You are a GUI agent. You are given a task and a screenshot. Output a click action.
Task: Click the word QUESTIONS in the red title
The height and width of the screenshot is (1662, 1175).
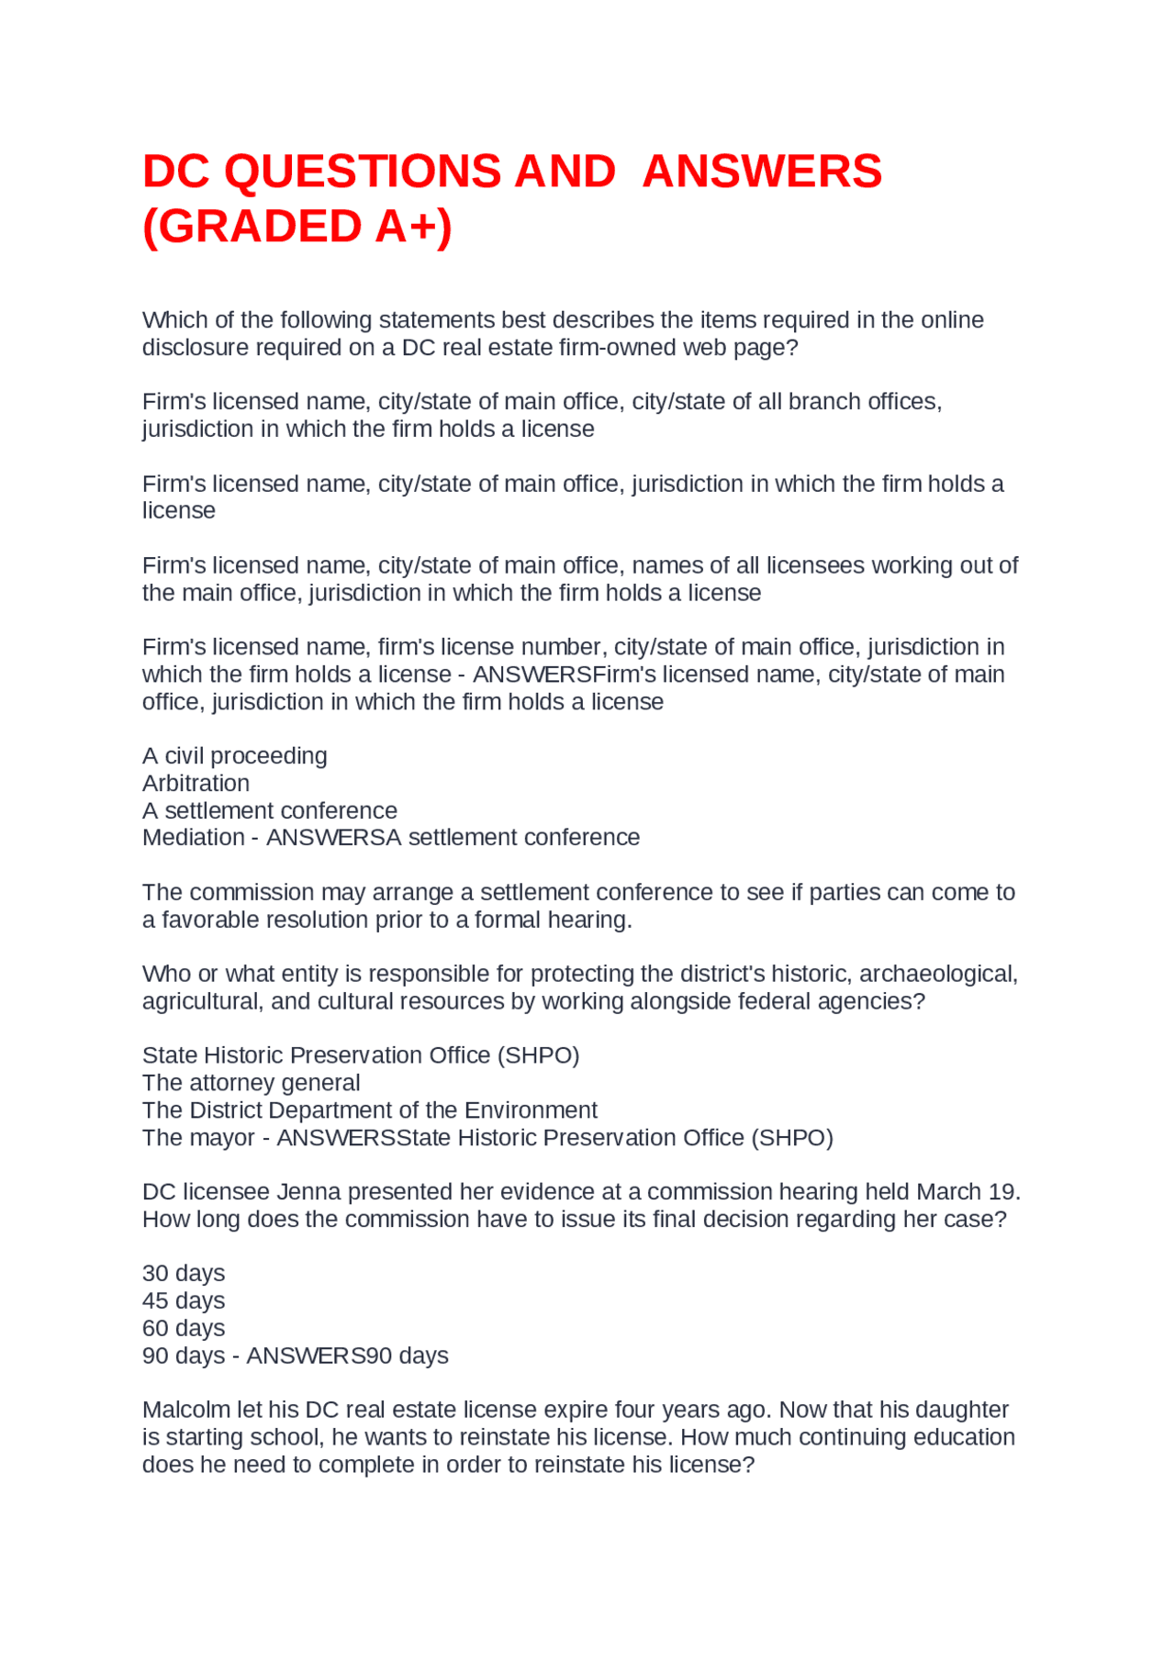(363, 172)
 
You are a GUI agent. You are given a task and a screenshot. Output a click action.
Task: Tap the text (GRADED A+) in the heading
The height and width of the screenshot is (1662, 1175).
(297, 227)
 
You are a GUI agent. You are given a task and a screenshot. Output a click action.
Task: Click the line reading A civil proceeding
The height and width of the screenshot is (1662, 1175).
(234, 756)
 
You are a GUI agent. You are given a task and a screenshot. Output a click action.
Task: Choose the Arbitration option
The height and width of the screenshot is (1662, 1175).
(196, 784)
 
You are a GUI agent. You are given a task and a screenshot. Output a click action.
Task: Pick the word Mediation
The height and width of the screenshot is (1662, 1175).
(193, 838)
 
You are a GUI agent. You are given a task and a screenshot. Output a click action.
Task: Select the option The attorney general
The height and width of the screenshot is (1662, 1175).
(251, 1083)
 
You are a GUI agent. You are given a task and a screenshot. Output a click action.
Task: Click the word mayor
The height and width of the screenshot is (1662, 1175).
(222, 1138)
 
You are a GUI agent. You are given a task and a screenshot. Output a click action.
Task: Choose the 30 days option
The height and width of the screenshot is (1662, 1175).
(184, 1274)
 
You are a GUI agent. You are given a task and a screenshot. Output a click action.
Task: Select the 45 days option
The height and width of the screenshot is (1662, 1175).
(184, 1301)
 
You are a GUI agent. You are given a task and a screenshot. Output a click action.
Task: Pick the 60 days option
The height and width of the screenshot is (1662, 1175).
(184, 1329)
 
